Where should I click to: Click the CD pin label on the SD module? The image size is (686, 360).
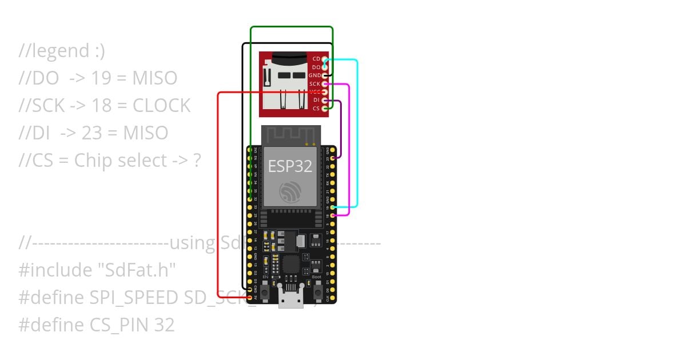316,59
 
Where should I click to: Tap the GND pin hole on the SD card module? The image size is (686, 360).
325,75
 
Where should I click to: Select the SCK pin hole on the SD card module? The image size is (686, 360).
325,84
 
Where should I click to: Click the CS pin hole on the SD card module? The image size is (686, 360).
325,109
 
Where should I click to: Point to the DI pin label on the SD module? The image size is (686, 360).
316,101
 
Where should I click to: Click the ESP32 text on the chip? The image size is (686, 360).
290,166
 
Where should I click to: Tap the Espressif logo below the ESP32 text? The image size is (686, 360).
290,192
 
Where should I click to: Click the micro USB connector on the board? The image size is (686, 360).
290,297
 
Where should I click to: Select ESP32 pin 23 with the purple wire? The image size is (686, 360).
332,158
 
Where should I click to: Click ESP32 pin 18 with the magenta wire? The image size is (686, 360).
332,215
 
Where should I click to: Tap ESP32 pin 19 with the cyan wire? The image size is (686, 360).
332,207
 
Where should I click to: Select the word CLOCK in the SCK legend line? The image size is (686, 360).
162,106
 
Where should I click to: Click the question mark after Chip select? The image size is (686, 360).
197,161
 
